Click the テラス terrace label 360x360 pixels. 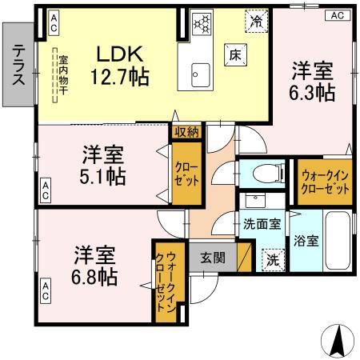pos(17,64)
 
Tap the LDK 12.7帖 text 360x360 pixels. pos(120,66)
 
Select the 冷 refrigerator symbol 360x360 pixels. pos(256,21)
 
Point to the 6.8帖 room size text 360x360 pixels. pos(94,277)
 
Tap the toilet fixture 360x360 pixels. pos(260,173)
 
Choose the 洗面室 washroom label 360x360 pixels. pos(261,225)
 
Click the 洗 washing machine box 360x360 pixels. pos(274,259)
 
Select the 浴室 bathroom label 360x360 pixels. pos(304,240)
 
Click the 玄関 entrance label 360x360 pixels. pos(213,258)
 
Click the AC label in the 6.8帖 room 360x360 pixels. pos(46,288)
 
